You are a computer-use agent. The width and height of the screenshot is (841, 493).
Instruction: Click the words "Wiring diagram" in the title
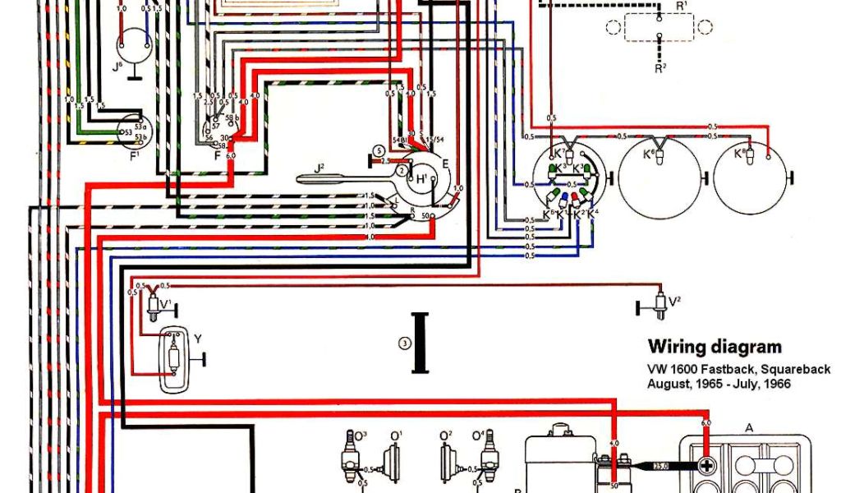(x=715, y=347)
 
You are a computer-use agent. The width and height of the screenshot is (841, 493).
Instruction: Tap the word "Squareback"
(x=796, y=369)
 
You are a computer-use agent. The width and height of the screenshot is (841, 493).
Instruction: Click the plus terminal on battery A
(x=705, y=466)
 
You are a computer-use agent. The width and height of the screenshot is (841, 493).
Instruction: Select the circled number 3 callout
(x=404, y=345)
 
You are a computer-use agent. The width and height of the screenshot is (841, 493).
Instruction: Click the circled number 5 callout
(x=379, y=150)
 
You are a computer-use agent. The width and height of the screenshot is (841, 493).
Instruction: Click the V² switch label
(x=674, y=301)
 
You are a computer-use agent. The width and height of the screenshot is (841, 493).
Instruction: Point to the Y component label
(x=196, y=339)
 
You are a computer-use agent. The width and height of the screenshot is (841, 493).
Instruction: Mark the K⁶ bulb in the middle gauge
(x=650, y=154)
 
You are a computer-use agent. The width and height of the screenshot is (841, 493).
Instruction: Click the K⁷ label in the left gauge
(x=558, y=153)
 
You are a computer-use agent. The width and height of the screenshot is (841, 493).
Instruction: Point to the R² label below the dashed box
(x=659, y=69)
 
